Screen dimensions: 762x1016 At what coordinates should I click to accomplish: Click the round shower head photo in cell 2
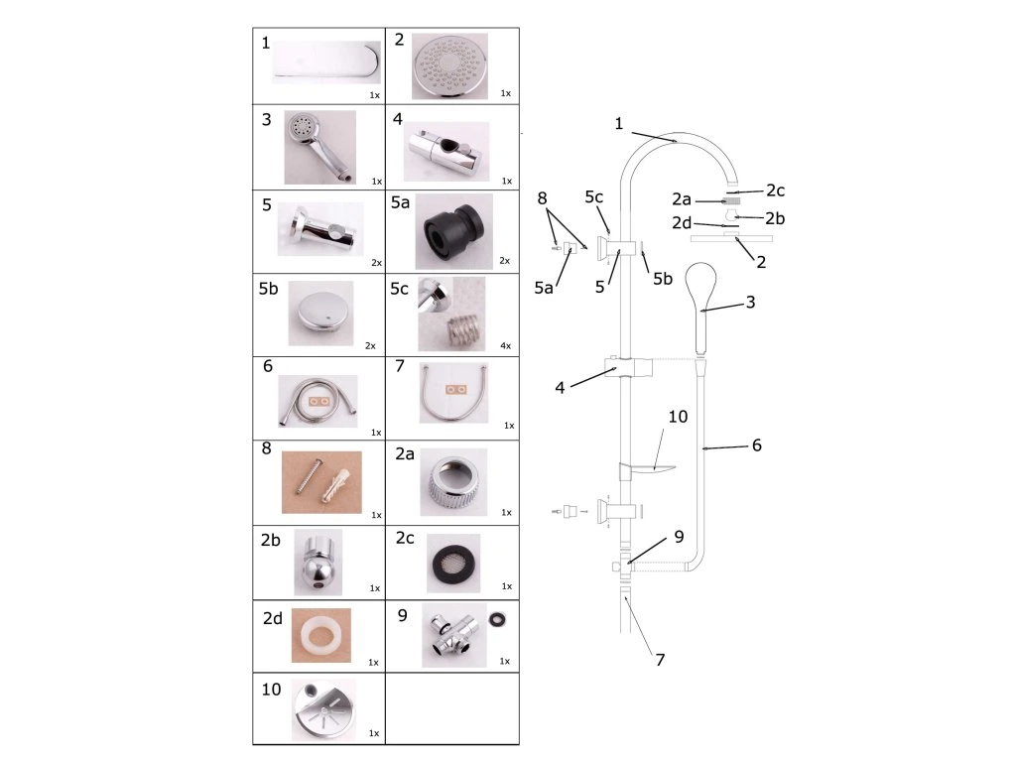(449, 65)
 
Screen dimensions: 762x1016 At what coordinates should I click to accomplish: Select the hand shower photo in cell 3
(318, 147)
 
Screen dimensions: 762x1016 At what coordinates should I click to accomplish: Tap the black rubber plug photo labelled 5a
(451, 230)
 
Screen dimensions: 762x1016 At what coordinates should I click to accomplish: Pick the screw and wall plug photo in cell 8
(320, 482)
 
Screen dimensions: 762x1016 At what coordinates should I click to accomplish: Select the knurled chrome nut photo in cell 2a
(452, 482)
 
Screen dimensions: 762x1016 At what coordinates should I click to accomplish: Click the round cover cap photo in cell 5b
(319, 314)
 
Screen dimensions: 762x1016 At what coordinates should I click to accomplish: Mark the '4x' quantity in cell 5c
(505, 345)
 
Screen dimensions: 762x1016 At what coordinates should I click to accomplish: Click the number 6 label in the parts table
(268, 366)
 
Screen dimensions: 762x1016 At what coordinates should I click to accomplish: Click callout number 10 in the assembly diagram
(678, 417)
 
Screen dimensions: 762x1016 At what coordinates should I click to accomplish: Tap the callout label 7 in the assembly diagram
(660, 658)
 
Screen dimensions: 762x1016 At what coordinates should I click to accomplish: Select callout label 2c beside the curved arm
(775, 190)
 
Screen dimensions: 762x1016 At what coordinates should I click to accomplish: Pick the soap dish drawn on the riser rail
(643, 467)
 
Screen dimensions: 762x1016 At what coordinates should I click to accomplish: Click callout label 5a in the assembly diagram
(544, 288)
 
